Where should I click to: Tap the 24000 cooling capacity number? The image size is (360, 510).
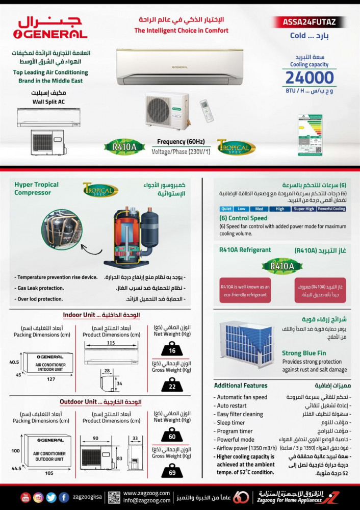pos(310,78)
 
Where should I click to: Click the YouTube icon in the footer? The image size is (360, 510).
pos(25,497)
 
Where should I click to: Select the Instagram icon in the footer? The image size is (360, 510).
pos(38,497)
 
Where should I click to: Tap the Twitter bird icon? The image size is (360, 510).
pos(51,497)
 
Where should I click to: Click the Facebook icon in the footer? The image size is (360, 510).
pos(64,497)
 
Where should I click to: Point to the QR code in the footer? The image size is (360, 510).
pos(114,497)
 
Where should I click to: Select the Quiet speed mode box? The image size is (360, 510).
pos(227,209)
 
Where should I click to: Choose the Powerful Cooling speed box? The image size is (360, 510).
pos(331,209)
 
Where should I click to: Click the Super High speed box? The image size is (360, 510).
pos(304,209)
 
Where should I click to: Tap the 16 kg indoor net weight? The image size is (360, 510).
pos(171,350)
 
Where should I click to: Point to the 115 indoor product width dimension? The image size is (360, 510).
pos(111,343)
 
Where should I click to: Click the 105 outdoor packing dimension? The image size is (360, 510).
pos(48,473)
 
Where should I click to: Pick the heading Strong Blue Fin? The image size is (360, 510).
pos(305,353)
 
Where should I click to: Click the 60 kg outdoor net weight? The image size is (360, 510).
pos(171,436)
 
